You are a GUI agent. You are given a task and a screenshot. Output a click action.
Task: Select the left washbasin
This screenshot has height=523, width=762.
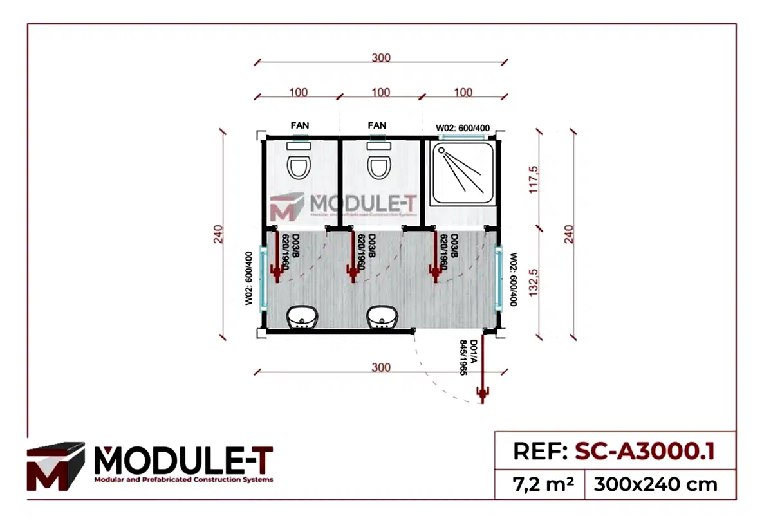(301, 317)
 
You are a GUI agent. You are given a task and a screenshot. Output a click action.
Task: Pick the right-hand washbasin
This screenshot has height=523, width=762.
(382, 317)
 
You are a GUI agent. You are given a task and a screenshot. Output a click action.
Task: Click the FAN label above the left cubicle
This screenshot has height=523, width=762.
(300, 125)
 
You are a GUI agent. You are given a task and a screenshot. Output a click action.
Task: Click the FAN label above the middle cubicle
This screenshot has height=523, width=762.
(377, 125)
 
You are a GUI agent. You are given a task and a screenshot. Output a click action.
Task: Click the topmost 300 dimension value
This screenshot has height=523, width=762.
(381, 58)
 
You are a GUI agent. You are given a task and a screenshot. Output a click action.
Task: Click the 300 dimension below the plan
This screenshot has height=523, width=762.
(381, 367)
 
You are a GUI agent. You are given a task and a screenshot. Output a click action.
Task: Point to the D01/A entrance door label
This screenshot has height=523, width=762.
(468, 358)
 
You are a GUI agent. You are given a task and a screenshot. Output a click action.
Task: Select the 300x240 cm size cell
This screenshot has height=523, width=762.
(655, 483)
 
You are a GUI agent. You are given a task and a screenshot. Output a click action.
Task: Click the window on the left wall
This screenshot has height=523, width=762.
(262, 279)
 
